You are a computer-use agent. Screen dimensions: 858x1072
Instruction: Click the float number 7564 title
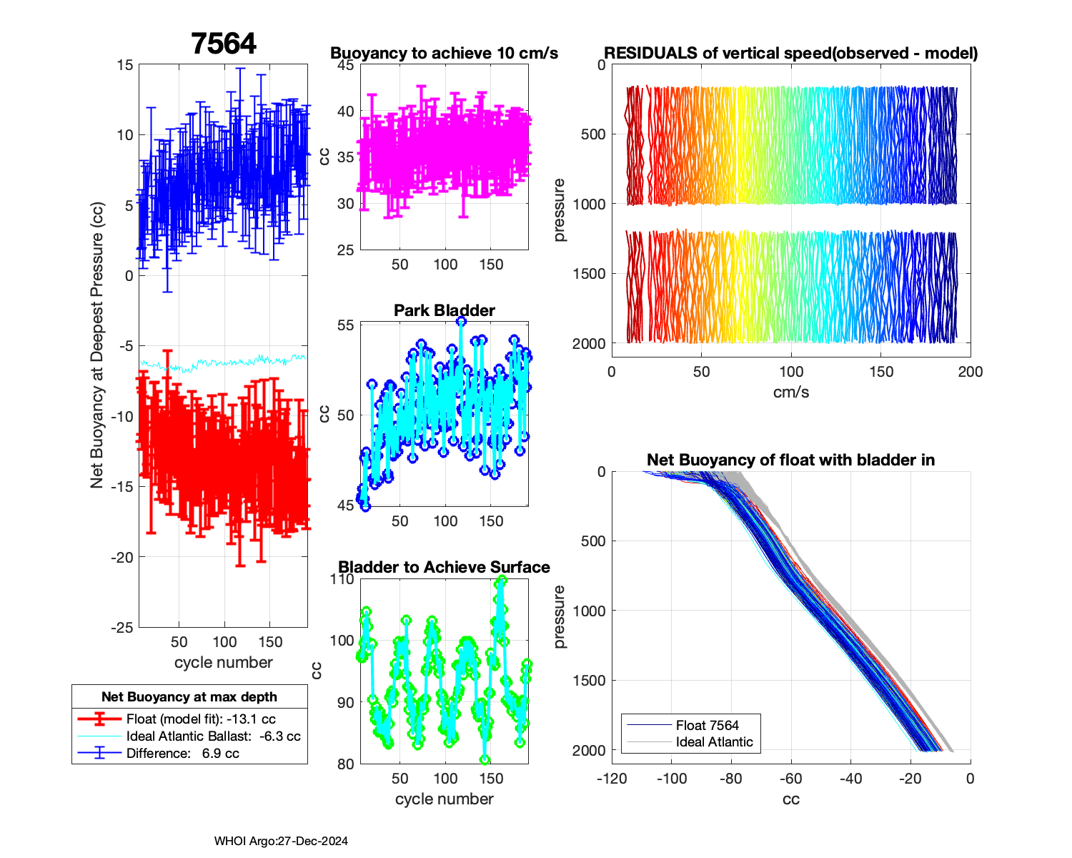coord(224,44)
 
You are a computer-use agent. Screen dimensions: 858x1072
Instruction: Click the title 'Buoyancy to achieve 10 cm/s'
coord(444,53)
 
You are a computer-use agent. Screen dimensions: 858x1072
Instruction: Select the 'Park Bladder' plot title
coord(444,310)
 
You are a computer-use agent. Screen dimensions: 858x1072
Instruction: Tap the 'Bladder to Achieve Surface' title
coord(444,567)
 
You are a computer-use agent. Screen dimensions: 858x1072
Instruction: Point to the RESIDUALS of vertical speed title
coord(790,53)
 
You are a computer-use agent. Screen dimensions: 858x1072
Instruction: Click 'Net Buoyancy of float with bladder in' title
coord(790,460)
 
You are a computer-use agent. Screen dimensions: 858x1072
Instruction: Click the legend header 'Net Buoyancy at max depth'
coord(189,696)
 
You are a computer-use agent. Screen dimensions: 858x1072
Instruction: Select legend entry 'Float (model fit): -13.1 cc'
coord(201,719)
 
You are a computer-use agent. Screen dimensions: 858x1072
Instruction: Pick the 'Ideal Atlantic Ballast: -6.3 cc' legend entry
coord(213,736)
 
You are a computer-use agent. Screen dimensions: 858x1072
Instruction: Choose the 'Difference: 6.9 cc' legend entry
coord(182,753)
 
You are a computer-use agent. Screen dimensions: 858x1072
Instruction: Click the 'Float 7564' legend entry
coord(707,725)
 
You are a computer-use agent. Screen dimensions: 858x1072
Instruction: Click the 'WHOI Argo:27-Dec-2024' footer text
coord(281,841)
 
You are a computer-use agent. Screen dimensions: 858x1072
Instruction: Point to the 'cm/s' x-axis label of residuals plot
coord(790,392)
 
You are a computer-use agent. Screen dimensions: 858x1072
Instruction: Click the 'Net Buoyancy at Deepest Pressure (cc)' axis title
coord(97,346)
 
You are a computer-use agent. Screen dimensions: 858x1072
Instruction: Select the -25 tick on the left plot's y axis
coord(121,627)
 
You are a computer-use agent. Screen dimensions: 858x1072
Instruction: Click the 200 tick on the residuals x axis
coord(970,372)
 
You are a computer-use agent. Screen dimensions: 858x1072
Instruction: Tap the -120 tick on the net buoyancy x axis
coord(612,779)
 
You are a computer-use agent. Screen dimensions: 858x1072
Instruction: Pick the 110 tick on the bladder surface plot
coord(342,579)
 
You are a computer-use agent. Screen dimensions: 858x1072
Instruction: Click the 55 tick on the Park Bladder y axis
coord(345,325)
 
